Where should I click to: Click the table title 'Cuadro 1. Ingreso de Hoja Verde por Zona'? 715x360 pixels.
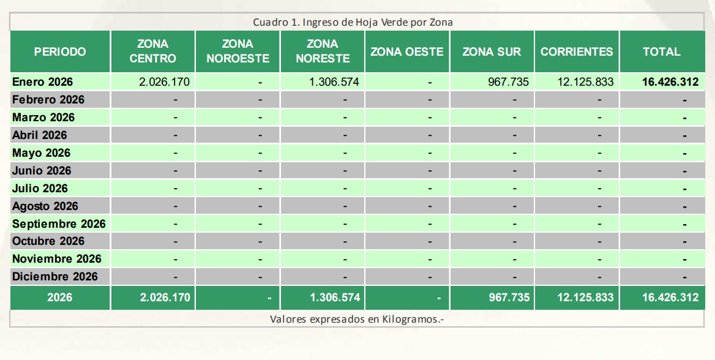pyautogui.click(x=353, y=22)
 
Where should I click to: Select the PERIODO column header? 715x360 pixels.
pyautogui.click(x=60, y=52)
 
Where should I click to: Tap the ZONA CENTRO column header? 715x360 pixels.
pyautogui.click(x=152, y=52)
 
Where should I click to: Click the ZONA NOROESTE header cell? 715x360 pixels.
pyautogui.click(x=238, y=52)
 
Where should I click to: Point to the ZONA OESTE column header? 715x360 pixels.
pyautogui.click(x=406, y=52)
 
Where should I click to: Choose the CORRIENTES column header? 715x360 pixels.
pyautogui.click(x=577, y=52)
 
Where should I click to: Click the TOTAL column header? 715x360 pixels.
pyautogui.click(x=661, y=52)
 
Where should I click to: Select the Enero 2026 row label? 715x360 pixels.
pyautogui.click(x=42, y=82)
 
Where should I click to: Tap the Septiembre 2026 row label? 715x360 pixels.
pyautogui.click(x=59, y=224)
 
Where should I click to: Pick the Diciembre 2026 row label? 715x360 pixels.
pyautogui.click(x=55, y=277)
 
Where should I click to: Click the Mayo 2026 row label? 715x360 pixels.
pyautogui.click(x=41, y=153)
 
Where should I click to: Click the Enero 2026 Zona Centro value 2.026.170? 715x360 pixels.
pyautogui.click(x=165, y=82)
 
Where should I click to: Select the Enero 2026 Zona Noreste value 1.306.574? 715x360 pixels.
pyautogui.click(x=334, y=82)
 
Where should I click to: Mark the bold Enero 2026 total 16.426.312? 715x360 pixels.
pyautogui.click(x=670, y=82)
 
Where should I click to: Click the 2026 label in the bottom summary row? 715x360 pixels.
pyautogui.click(x=60, y=298)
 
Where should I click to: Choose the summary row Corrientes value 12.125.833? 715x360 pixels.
pyautogui.click(x=585, y=298)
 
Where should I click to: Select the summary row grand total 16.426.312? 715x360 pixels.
pyautogui.click(x=670, y=298)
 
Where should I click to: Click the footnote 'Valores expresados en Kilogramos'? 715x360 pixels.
pyautogui.click(x=356, y=320)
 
